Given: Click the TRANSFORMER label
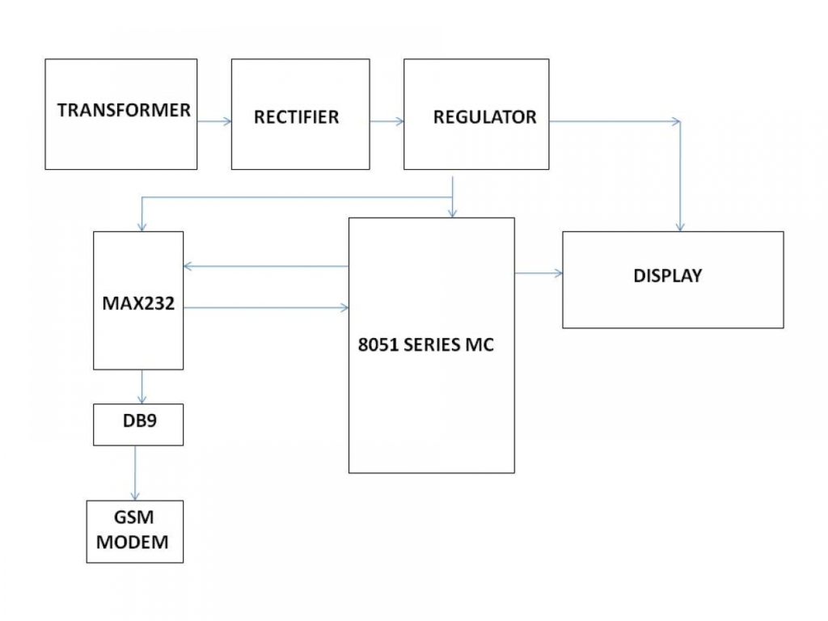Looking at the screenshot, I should pyautogui.click(x=124, y=110).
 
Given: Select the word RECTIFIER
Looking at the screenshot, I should pyautogui.click(x=296, y=117).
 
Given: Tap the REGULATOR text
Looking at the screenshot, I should pyautogui.click(x=484, y=116).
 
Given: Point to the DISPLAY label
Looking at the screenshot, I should pyautogui.click(x=667, y=275).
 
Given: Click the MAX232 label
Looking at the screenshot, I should pyautogui.click(x=138, y=305).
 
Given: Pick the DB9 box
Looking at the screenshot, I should pyautogui.click(x=138, y=424).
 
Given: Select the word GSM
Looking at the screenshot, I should pyautogui.click(x=133, y=520).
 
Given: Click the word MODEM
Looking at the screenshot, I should pyautogui.click(x=133, y=542).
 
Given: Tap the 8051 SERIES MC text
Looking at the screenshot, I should pyautogui.click(x=426, y=344).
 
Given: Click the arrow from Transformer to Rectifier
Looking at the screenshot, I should pyautogui.click(x=214, y=121).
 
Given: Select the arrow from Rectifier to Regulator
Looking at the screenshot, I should pyautogui.click(x=387, y=122).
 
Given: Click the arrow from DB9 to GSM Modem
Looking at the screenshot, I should pyautogui.click(x=135, y=472).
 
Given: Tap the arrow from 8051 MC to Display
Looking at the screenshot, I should pyautogui.click(x=539, y=273).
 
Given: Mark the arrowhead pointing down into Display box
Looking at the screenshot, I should pyautogui.click(x=681, y=226).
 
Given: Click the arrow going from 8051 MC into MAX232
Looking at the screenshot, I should pyautogui.click(x=267, y=265).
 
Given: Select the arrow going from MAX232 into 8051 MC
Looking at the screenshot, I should pyautogui.click(x=267, y=307).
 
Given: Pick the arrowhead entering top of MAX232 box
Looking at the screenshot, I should pyautogui.click(x=142, y=226).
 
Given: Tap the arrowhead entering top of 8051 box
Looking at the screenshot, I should pyautogui.click(x=452, y=213).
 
